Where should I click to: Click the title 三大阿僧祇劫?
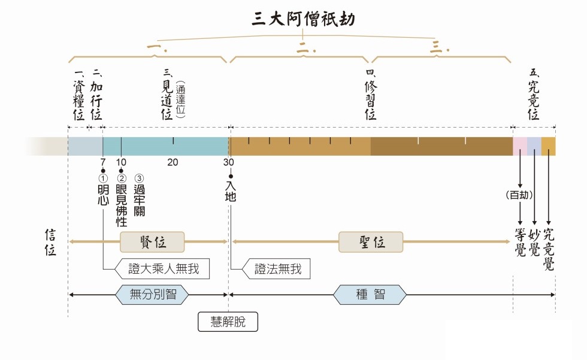303,19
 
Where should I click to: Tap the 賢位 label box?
152,241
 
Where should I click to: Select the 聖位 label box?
371,241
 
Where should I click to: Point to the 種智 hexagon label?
370,294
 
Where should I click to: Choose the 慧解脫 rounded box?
228,322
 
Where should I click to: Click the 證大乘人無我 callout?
162,270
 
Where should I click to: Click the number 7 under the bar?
102,162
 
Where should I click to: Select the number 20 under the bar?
173,162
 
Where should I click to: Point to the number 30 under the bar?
229,162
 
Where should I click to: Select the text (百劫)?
519,195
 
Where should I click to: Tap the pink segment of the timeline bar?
519,146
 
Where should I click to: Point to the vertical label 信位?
50,243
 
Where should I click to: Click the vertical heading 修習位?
371,99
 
